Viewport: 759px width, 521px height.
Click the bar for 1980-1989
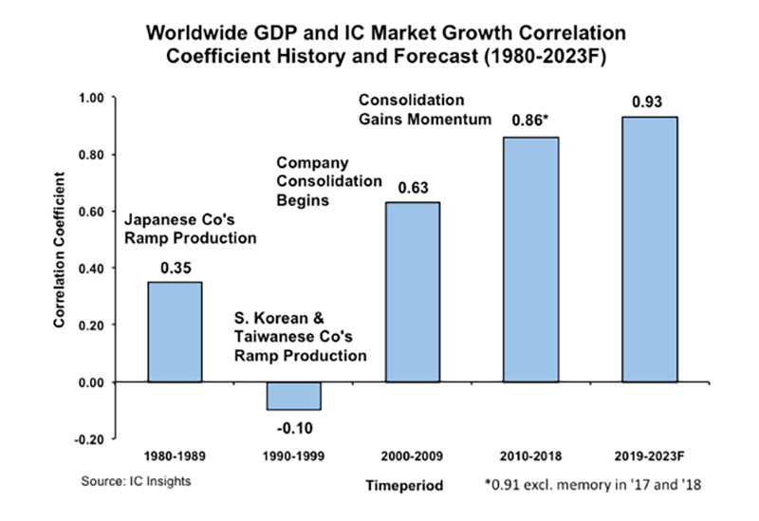(x=174, y=331)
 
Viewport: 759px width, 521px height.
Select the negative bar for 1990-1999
(x=292, y=395)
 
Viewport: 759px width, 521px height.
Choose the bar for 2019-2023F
(x=649, y=249)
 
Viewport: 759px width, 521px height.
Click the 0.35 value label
(x=174, y=270)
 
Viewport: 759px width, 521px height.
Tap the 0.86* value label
(x=531, y=122)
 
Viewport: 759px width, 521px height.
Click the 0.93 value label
(x=649, y=102)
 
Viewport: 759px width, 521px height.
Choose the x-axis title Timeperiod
(x=404, y=485)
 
